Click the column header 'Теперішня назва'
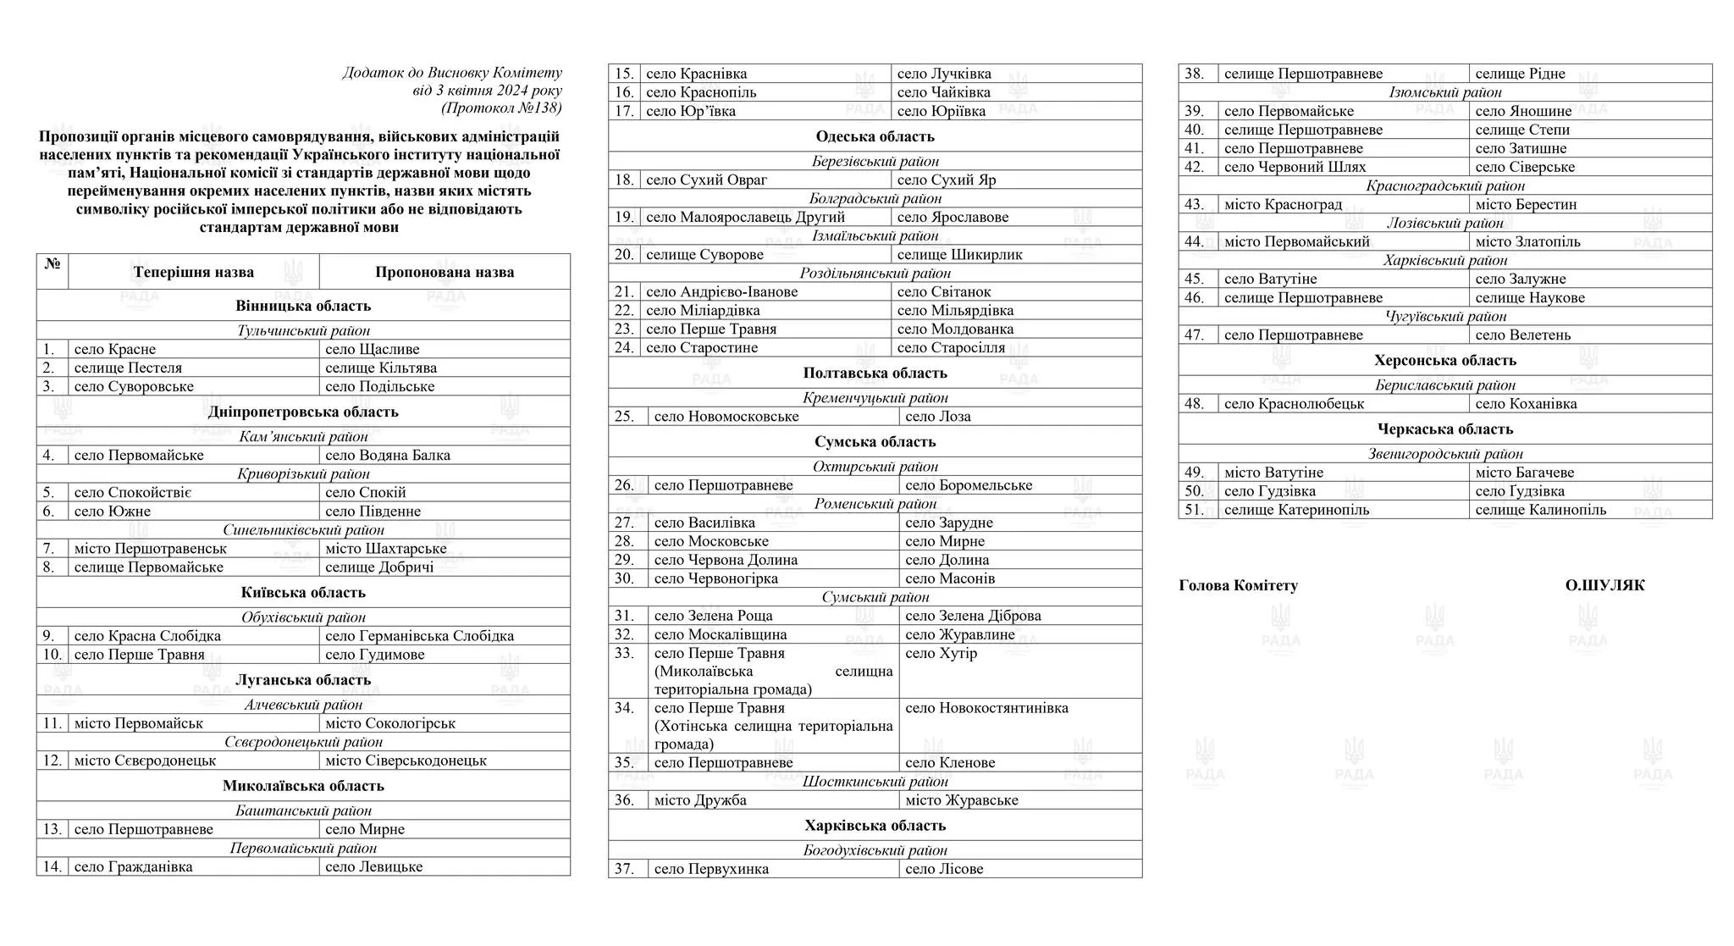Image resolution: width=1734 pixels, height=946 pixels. [193, 272]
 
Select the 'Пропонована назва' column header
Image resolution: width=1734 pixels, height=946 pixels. [445, 272]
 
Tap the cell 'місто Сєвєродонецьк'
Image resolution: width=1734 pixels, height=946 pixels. [145, 761]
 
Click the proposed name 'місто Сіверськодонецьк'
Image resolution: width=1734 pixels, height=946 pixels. [406, 761]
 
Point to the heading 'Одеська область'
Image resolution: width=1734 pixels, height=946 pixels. [875, 136]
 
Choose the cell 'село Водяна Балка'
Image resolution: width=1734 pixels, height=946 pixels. [388, 455]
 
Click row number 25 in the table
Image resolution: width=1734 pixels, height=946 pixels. [624, 417]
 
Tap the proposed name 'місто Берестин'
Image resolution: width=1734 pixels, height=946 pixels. [1526, 204]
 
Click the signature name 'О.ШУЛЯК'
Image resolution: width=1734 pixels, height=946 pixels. [1604, 585]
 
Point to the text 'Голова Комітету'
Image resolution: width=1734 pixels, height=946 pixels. [1238, 585]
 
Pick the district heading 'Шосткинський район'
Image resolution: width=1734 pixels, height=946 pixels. [875, 782]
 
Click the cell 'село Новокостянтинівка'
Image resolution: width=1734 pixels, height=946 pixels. [986, 708]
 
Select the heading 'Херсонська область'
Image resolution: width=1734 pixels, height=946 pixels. [1444, 361]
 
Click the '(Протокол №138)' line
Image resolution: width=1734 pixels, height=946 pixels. [500, 108]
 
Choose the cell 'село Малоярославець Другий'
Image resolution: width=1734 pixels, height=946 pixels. [733, 217]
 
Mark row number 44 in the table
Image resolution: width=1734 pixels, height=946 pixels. [1194, 241]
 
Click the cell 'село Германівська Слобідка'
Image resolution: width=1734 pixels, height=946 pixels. [419, 636]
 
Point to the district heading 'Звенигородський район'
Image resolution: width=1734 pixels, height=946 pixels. [1444, 454]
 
